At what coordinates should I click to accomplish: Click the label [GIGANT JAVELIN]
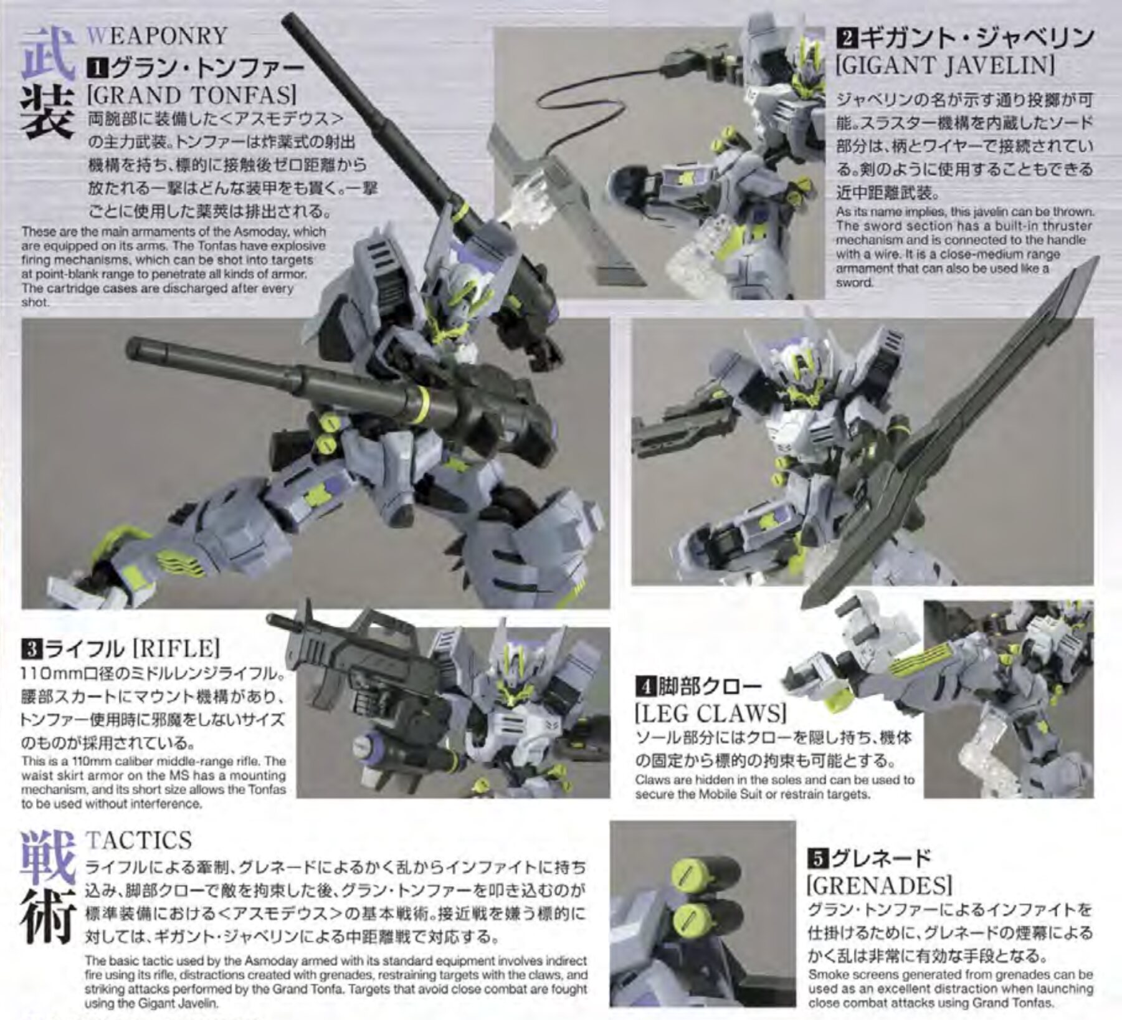(x=944, y=65)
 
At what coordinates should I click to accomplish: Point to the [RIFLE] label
(x=176, y=649)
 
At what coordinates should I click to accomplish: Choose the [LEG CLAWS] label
(x=711, y=712)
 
